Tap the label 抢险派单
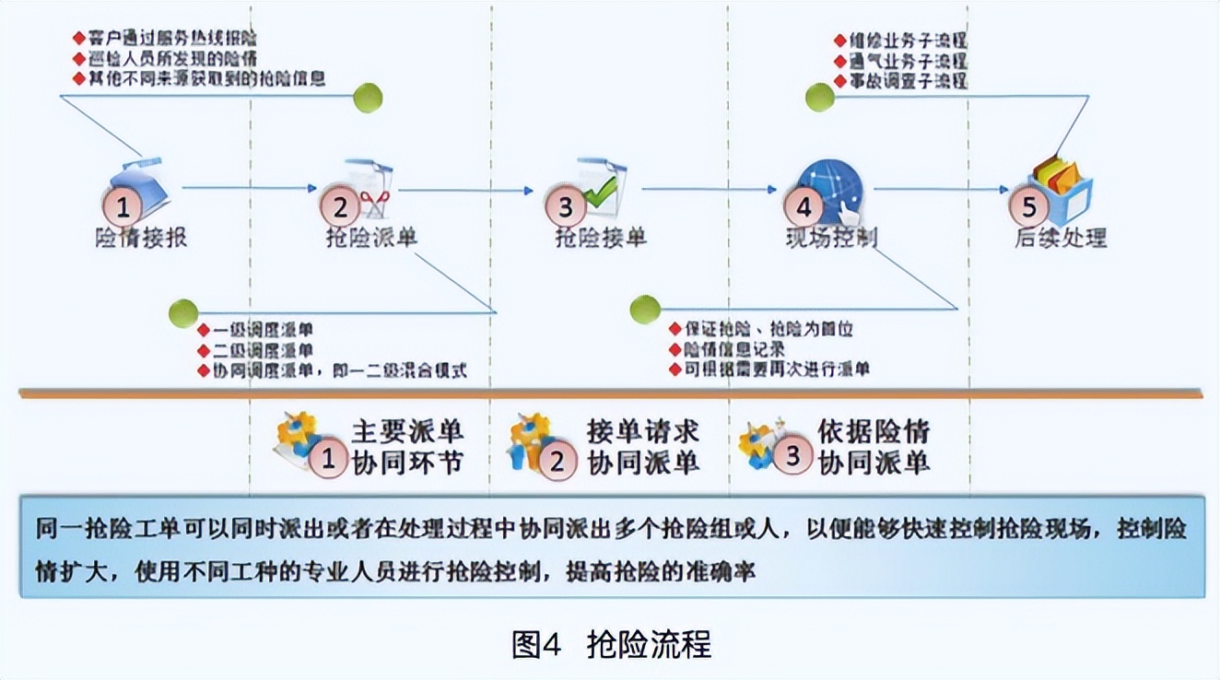pos(371,238)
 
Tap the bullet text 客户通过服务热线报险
pos(171,39)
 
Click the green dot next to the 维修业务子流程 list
pos(819,97)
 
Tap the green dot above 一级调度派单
pos(183,313)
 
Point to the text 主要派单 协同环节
pos(406,447)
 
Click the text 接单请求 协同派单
pos(643,447)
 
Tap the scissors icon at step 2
pos(373,195)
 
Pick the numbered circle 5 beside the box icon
pos(1029,206)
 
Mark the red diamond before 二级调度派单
pos(204,351)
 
